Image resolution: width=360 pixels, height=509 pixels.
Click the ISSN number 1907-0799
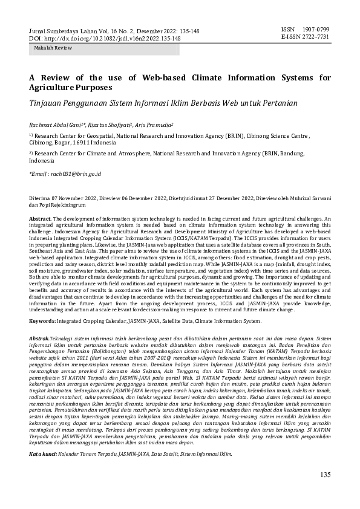pos(318,29)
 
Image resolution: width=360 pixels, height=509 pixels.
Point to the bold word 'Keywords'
pos(42,321)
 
